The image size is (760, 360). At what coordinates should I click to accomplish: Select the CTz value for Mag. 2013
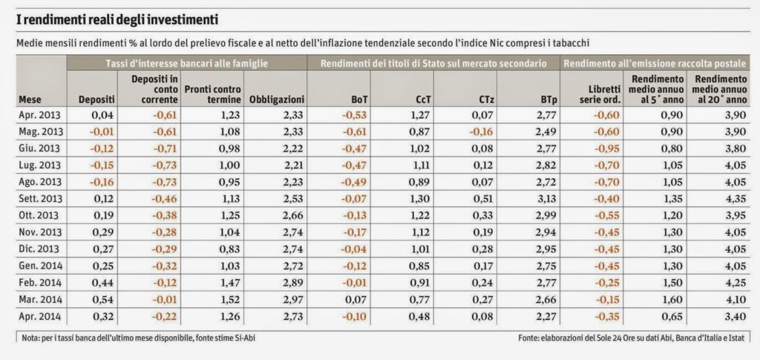click(482, 131)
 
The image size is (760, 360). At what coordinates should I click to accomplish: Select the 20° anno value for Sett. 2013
click(733, 197)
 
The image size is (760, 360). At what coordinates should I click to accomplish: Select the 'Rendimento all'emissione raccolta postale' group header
click(655, 62)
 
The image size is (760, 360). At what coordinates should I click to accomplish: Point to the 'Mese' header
click(30, 99)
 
